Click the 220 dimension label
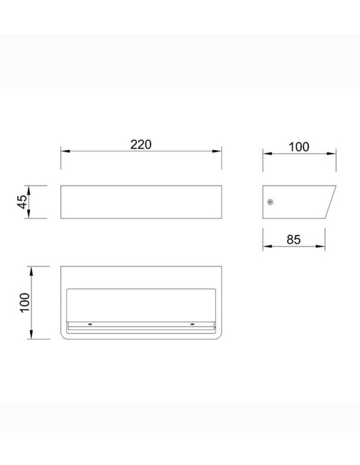(141, 144)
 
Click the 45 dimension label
(23, 202)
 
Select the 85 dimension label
(293, 239)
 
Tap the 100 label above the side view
(299, 147)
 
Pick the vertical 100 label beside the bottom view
(25, 303)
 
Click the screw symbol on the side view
(270, 202)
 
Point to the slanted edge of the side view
(330, 202)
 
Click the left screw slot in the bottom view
(90, 324)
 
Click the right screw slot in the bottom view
(192, 324)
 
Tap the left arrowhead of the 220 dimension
(65, 151)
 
